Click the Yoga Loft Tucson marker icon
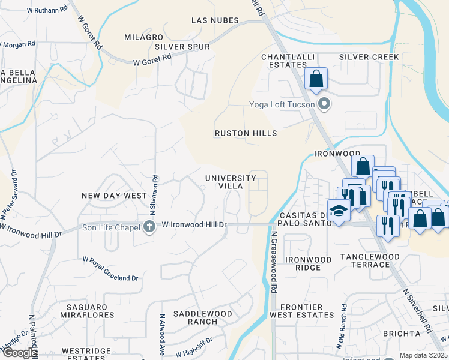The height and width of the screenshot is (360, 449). tap(325, 104)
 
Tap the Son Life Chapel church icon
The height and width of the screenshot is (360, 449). tap(149, 226)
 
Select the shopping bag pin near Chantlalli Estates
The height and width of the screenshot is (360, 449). tap(316, 79)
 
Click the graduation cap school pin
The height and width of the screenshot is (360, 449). tap(339, 211)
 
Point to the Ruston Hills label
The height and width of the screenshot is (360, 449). tap(246, 133)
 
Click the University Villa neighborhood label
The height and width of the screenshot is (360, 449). tap(231, 182)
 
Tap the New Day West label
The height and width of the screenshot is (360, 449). tap(114, 196)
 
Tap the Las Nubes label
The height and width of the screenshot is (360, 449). tap(215, 20)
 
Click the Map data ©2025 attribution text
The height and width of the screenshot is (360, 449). tap(423, 355)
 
